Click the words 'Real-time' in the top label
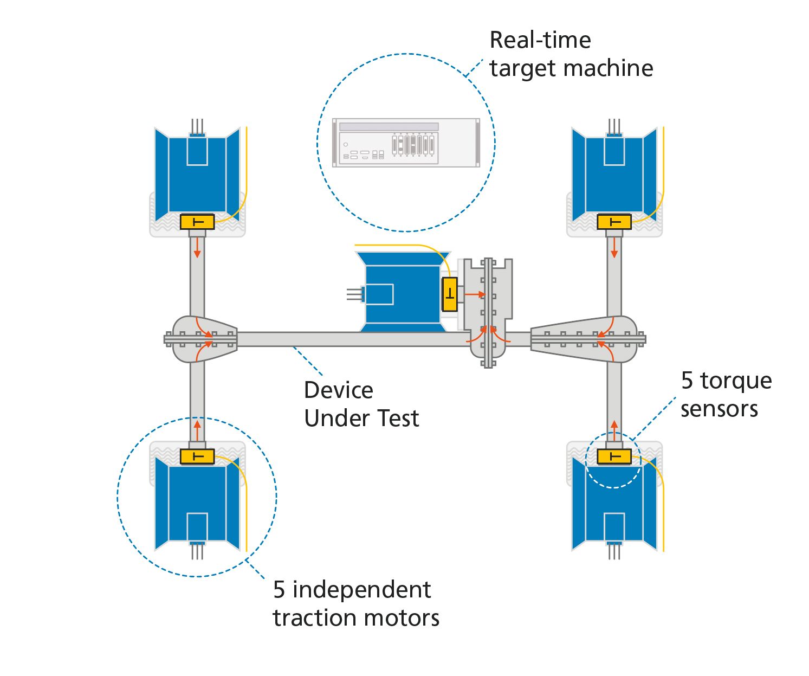(540, 40)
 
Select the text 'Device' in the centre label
(338, 390)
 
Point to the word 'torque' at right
(736, 381)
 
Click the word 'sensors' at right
(719, 410)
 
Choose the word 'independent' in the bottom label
(361, 590)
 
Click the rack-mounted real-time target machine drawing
(406, 143)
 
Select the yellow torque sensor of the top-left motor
(197, 222)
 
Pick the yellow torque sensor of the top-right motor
(614, 222)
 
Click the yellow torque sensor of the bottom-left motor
(197, 456)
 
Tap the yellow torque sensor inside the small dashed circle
(614, 456)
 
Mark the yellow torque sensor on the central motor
(450, 294)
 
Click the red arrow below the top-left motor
(197, 248)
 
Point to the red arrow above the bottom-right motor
(614, 430)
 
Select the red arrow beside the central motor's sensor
(475, 294)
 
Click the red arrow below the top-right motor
(614, 248)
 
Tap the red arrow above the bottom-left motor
(197, 430)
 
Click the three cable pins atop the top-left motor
(197, 126)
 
